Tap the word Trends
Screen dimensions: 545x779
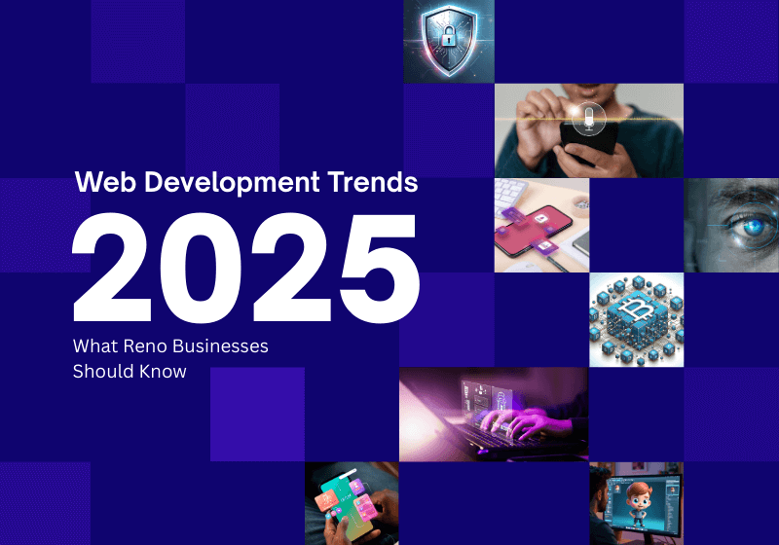(376, 182)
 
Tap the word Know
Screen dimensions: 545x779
(159, 371)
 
